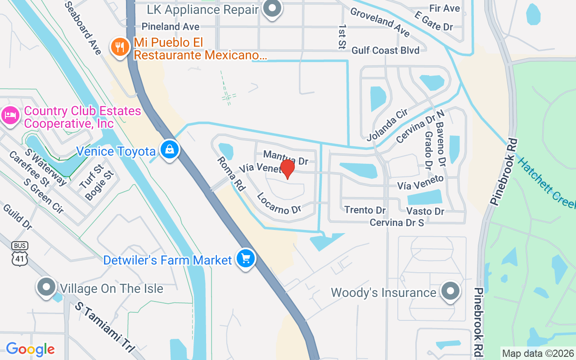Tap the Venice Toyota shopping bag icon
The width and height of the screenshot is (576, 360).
170,149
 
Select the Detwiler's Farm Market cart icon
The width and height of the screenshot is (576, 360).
245,259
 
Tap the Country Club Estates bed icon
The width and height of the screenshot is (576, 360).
9,116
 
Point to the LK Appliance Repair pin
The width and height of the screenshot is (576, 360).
272,9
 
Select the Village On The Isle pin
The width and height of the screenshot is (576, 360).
46,287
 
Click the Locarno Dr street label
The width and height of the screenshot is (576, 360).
279,203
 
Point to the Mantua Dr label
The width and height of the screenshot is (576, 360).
286,157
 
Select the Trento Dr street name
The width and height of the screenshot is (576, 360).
365,210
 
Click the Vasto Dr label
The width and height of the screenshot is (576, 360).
425,211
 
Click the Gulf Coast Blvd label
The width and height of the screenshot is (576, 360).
386,50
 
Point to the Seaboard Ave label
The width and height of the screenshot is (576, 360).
83,28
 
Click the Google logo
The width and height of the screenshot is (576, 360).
30,349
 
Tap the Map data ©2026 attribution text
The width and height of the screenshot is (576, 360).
538,353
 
